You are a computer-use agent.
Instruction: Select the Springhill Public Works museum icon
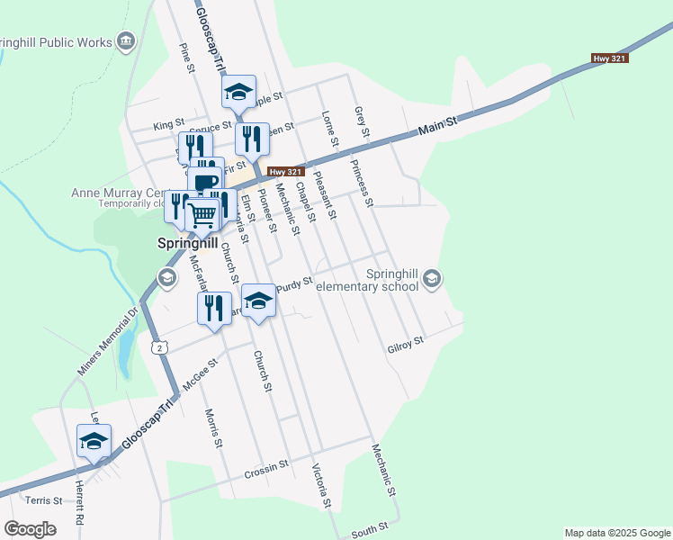[126, 41]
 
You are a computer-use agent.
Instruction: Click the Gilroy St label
[405, 344]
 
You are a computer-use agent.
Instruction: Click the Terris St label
[44, 500]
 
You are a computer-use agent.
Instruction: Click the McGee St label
[201, 373]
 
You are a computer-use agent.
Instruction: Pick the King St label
[168, 123]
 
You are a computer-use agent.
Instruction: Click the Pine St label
[187, 58]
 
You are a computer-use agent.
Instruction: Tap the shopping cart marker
[203, 214]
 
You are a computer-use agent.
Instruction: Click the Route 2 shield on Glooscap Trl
[159, 347]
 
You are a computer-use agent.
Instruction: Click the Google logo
[30, 529]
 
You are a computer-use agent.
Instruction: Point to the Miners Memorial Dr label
[105, 343]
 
